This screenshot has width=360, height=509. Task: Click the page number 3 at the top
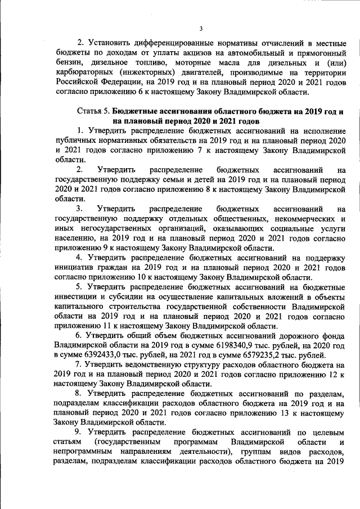(x=201, y=29)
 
